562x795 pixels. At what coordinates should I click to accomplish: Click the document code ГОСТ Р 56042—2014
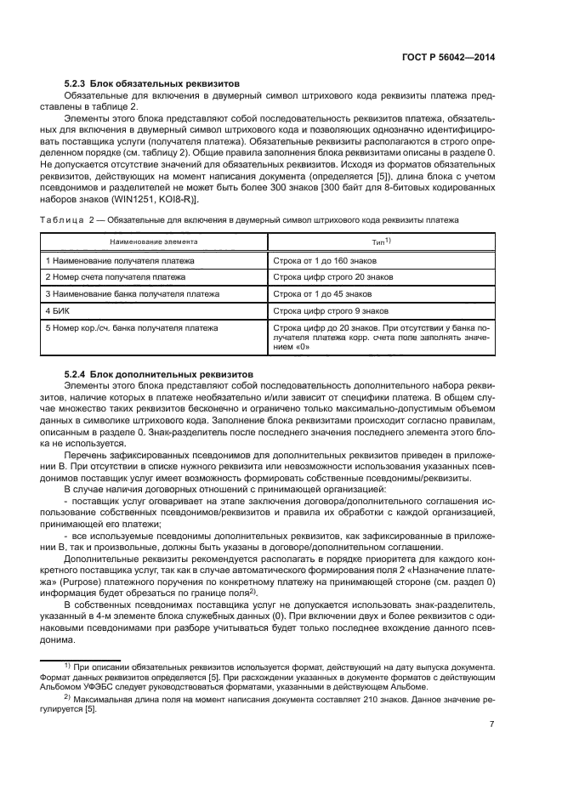449,57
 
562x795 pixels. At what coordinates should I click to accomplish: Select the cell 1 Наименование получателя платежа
120,259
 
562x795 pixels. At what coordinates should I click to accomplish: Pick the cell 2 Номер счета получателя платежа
116,276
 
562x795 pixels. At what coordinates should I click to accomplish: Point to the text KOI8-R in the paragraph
175,199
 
